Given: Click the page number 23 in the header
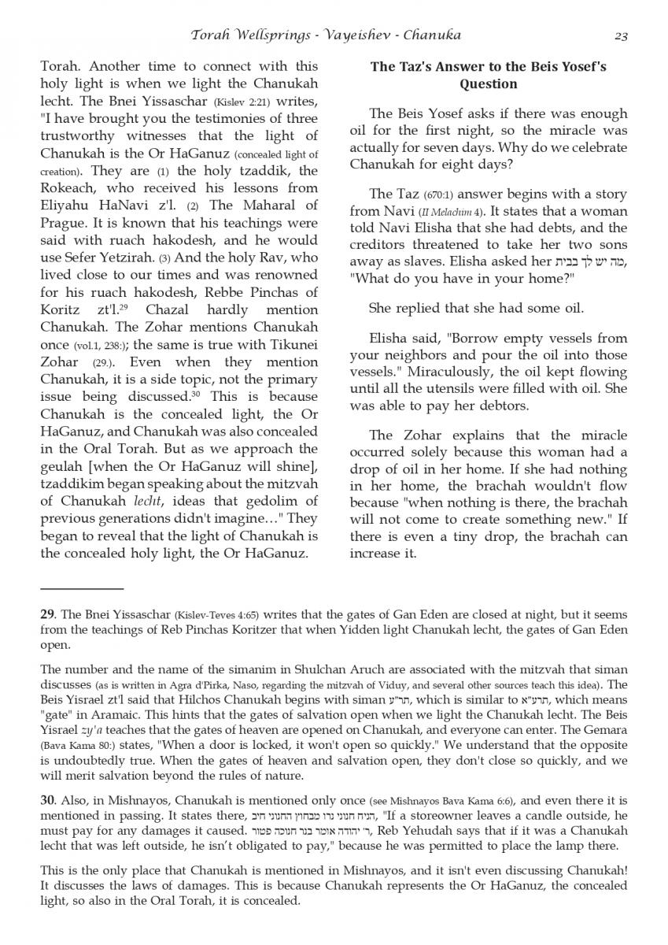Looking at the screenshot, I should pyautogui.click(x=620, y=35).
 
